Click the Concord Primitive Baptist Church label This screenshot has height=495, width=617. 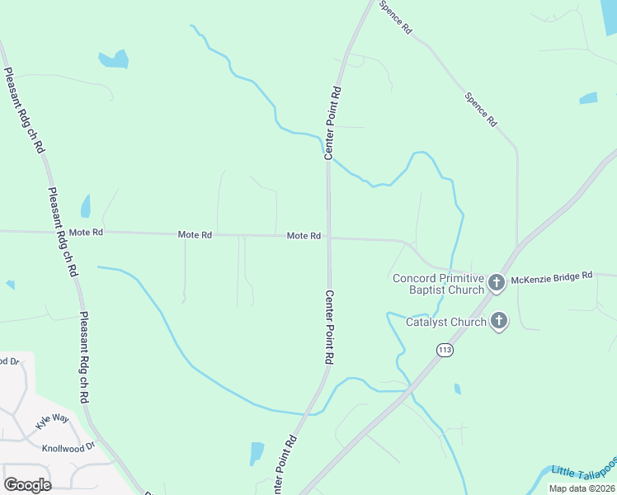(x=438, y=283)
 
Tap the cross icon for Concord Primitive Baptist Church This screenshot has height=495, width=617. (x=497, y=283)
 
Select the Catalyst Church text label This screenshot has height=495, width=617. (x=446, y=322)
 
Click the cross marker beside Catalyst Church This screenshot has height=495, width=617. (x=498, y=321)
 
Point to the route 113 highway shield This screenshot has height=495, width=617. (x=445, y=350)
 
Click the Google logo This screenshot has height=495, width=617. (x=27, y=484)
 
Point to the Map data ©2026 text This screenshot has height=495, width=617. (x=582, y=488)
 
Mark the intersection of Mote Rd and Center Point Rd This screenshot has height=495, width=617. (x=328, y=237)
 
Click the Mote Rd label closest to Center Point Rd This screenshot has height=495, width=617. (x=304, y=236)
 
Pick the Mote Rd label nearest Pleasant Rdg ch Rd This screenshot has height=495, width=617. (x=86, y=233)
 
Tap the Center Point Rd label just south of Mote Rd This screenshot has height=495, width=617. (x=329, y=328)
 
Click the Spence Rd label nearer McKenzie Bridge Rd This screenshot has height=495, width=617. (x=481, y=109)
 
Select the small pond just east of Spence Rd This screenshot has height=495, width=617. (x=588, y=98)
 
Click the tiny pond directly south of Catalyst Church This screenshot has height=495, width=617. (x=457, y=389)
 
